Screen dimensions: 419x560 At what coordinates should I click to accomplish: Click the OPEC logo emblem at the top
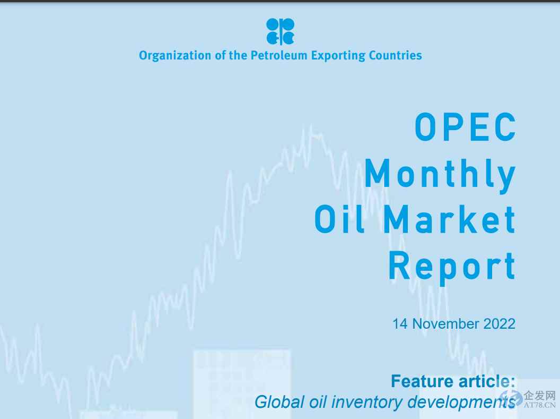coord(280,31)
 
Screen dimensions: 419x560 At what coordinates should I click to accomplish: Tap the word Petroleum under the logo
coord(276,55)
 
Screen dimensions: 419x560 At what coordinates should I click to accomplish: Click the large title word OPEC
coord(465,127)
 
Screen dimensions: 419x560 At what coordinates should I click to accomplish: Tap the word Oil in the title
coord(338,220)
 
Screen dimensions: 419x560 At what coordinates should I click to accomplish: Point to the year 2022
coord(499,323)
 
